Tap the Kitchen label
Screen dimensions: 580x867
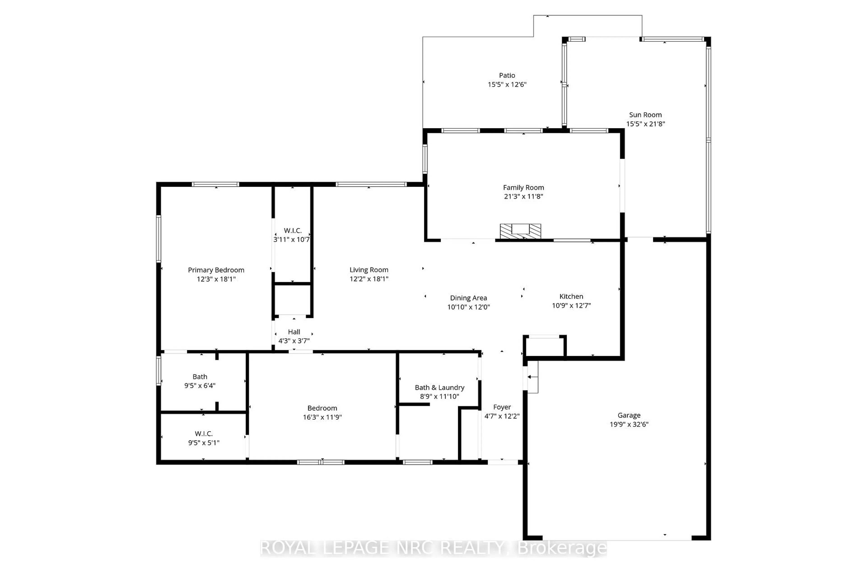pos(571,296)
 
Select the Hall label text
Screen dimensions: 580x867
pos(294,332)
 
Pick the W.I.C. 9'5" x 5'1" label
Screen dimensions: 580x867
pos(203,438)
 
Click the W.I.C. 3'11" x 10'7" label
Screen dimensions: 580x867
pos(292,235)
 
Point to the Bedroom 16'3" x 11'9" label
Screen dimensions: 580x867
pos(322,412)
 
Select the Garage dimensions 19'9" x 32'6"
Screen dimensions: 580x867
pos(629,424)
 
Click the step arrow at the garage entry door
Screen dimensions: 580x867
pos(532,377)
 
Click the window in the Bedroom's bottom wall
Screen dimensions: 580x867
pos(321,462)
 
